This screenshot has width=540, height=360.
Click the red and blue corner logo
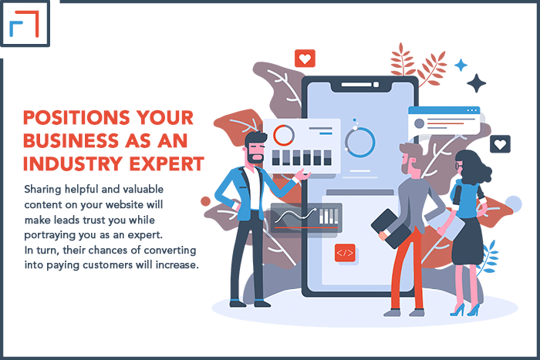tap(24, 23)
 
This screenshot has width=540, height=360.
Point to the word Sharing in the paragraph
tap(42, 190)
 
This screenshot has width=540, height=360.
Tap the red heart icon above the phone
tap(305, 59)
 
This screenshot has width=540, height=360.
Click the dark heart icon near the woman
tap(500, 144)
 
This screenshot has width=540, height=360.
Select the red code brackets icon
tap(345, 253)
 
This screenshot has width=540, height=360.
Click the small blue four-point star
tap(461, 65)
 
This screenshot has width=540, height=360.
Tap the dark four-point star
tap(476, 83)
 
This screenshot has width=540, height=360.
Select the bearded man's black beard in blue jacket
tap(254, 157)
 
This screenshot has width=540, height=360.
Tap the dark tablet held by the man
tap(390, 228)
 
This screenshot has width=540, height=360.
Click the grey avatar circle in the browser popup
tap(419, 123)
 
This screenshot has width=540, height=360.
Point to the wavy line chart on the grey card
tap(295, 216)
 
